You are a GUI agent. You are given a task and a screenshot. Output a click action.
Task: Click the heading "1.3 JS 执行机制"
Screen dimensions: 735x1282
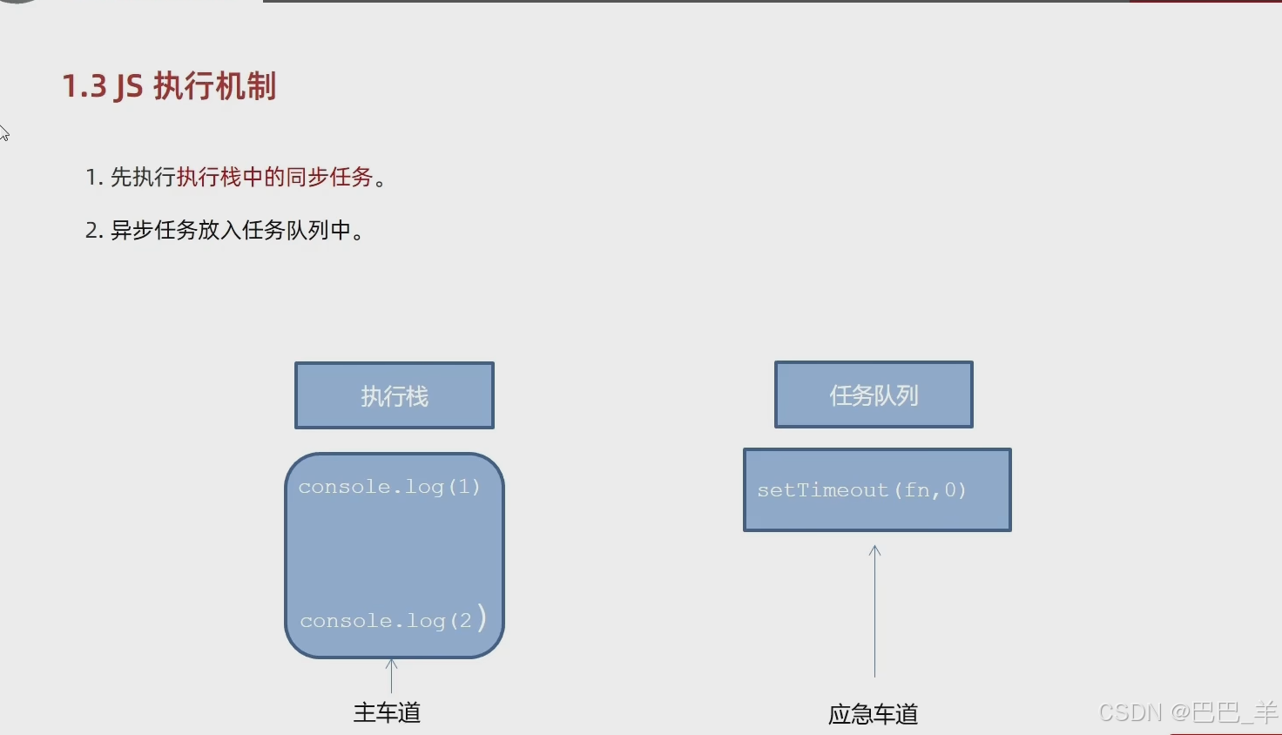pyautogui.click(x=169, y=86)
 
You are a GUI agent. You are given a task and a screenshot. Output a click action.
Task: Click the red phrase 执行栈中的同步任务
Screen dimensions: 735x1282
pyautogui.click(x=274, y=177)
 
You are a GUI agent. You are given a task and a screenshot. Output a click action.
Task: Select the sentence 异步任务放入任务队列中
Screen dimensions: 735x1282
pyautogui.click(x=230, y=230)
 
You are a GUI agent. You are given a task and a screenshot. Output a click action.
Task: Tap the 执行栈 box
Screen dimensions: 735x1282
pyautogui.click(x=395, y=395)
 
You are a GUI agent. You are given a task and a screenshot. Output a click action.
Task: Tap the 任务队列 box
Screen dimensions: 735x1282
pyautogui.click(x=874, y=394)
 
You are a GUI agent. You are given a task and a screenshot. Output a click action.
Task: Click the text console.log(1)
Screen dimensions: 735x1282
pyautogui.click(x=389, y=487)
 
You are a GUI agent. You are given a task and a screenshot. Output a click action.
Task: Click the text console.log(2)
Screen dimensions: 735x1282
pyautogui.click(x=386, y=621)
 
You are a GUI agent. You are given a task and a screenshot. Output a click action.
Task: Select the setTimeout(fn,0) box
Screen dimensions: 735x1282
pyautogui.click(x=877, y=489)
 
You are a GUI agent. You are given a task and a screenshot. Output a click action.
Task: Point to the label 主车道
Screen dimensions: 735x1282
pyautogui.click(x=387, y=712)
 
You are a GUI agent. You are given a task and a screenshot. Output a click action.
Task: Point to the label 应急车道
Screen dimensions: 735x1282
pyautogui.click(x=873, y=714)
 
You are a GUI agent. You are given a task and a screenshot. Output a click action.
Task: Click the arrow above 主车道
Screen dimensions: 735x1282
pyautogui.click(x=392, y=675)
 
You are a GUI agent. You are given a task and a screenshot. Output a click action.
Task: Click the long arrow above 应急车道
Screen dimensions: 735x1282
pyautogui.click(x=874, y=610)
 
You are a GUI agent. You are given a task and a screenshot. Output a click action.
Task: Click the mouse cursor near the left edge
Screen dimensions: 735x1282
pyautogui.click(x=3, y=132)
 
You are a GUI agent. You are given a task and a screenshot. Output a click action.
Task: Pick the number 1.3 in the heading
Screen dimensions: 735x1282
pyautogui.click(x=84, y=87)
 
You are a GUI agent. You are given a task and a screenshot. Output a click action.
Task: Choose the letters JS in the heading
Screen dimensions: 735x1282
pyautogui.click(x=129, y=87)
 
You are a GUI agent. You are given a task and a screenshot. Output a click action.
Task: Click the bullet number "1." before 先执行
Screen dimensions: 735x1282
pyautogui.click(x=94, y=178)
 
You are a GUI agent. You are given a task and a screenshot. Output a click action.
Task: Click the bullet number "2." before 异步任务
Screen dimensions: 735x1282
pyautogui.click(x=94, y=231)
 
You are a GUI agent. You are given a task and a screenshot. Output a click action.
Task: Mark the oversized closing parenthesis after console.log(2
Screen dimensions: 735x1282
pyautogui.click(x=482, y=617)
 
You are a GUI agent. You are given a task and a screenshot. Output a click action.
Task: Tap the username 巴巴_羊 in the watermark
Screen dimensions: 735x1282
pyautogui.click(x=1234, y=712)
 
